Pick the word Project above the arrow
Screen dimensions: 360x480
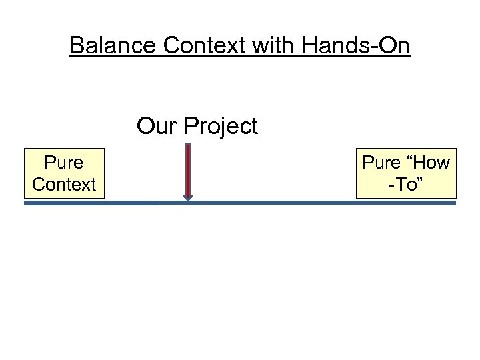(221, 126)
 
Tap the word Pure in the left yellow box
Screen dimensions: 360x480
(64, 163)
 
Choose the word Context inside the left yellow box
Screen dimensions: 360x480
(64, 184)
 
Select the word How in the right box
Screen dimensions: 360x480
(430, 163)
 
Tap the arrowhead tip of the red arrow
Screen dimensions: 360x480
(188, 200)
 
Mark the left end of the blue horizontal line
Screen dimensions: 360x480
(25, 203)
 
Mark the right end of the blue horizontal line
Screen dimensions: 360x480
(455, 202)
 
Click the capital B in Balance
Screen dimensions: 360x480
(77, 45)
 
